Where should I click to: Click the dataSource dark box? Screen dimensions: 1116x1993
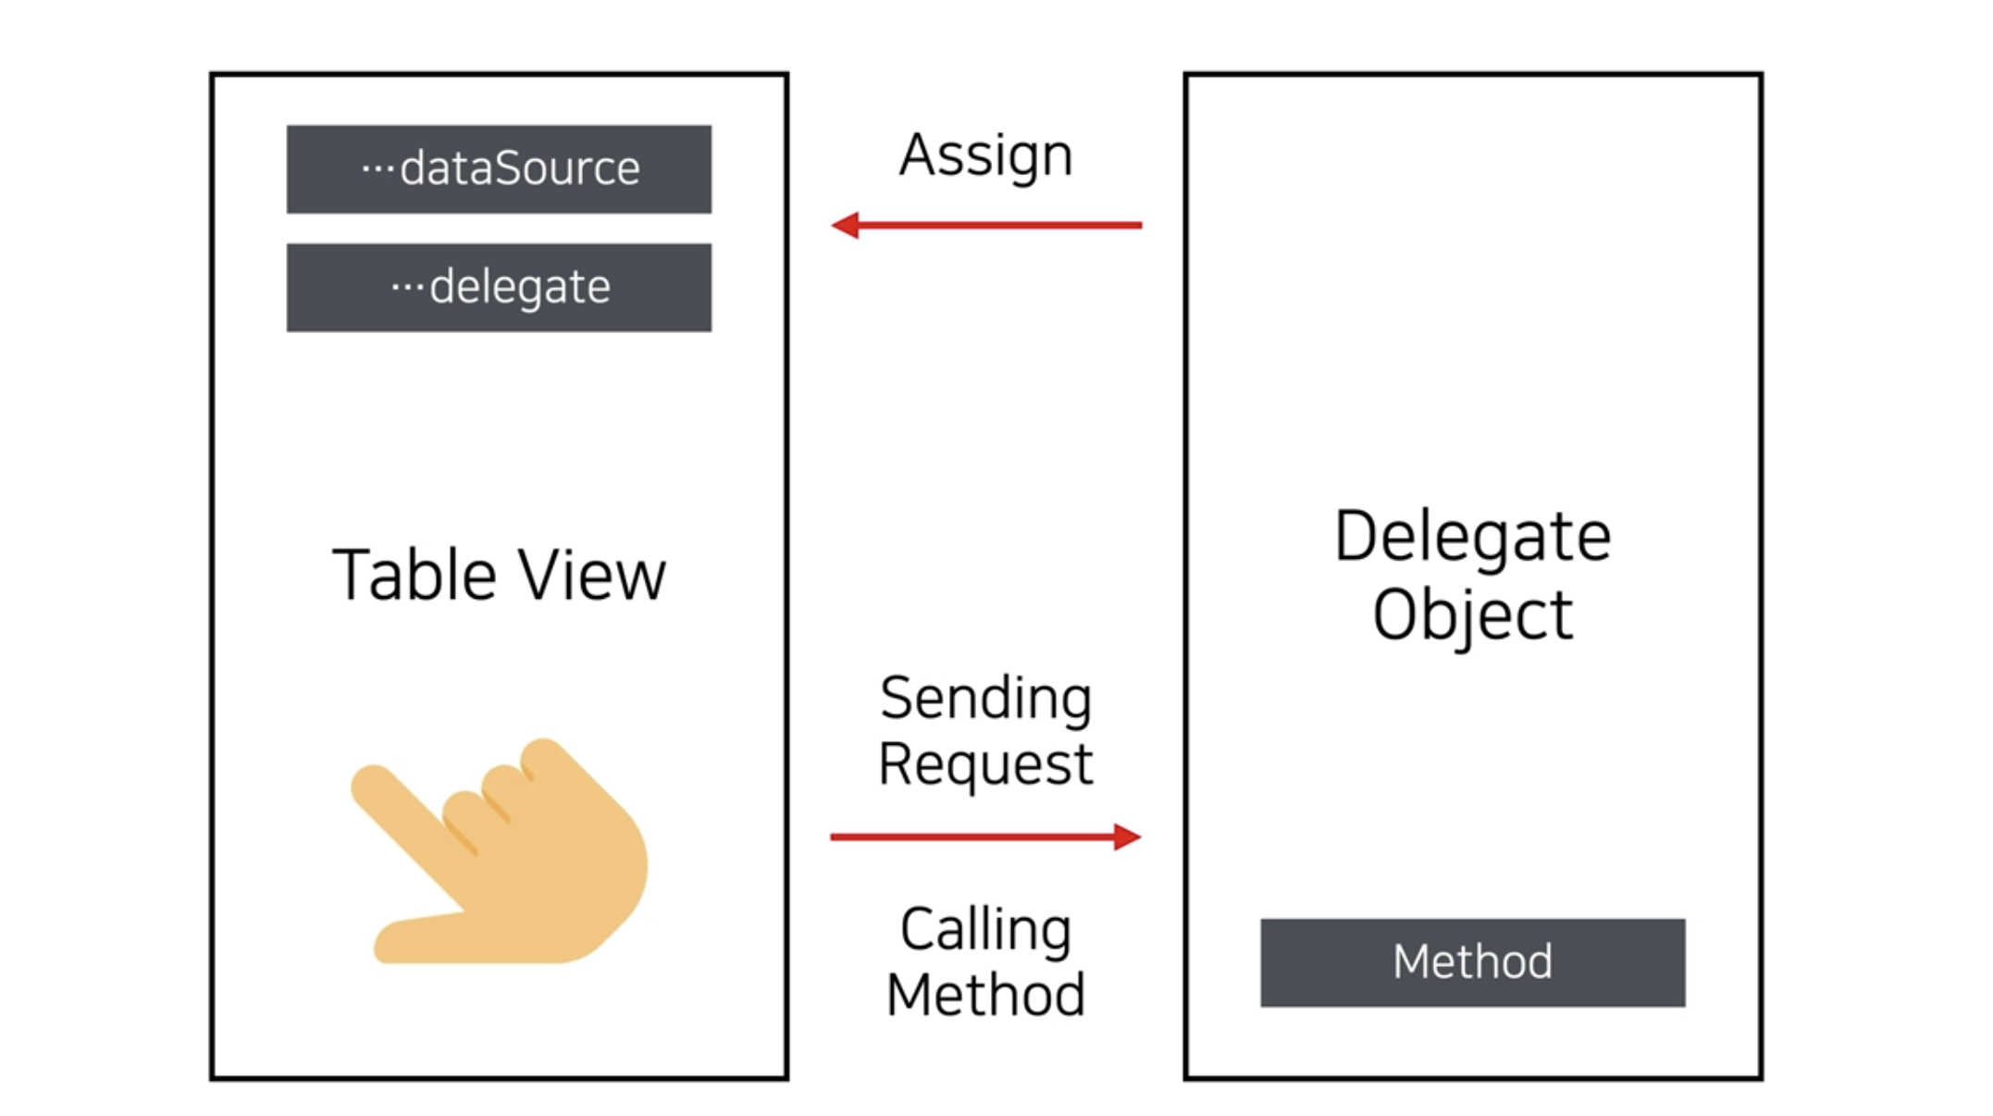coord(499,169)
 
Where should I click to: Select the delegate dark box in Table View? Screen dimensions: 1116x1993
coord(499,288)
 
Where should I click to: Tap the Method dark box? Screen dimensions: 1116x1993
coord(1472,962)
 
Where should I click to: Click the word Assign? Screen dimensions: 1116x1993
coord(986,155)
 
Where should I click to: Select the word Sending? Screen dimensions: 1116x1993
coord(986,699)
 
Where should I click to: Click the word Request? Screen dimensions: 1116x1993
coord(986,764)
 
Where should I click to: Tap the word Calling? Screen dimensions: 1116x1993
coord(986,929)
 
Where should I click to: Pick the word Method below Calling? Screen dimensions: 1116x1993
coord(986,996)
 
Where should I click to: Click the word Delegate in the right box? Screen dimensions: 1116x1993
coord(1472,537)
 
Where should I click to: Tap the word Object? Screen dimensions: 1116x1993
coord(1472,614)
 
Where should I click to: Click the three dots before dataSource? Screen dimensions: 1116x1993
coord(378,168)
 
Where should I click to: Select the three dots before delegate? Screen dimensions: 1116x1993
coord(407,287)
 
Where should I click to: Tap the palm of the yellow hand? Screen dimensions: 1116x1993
coord(564,879)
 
